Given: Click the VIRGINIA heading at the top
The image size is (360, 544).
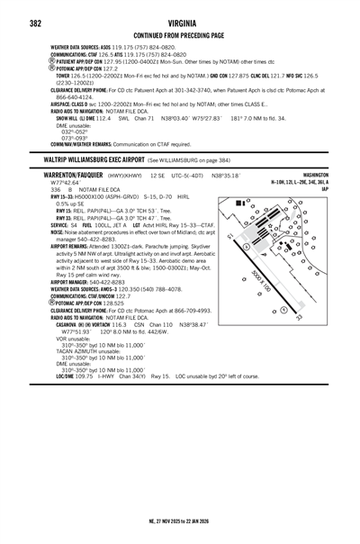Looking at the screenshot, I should (x=180, y=23).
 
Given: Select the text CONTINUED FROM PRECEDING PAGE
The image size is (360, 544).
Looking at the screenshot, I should (x=179, y=35).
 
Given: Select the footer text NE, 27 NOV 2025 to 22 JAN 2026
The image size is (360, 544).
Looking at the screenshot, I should (x=180, y=521).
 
